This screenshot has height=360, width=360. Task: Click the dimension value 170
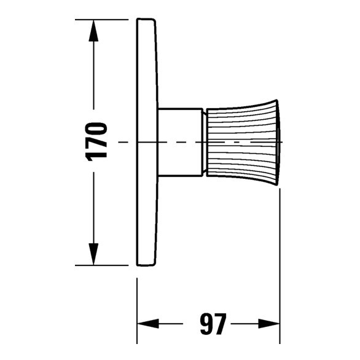96,141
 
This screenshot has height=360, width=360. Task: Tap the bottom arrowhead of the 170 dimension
93,254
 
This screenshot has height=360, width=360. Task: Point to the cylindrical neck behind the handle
179,141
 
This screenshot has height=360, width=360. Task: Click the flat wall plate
145,184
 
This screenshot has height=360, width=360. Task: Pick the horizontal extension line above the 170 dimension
104,19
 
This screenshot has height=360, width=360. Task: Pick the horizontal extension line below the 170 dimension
104,265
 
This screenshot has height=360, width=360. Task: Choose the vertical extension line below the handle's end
280,258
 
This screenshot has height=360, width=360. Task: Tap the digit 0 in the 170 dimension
96,130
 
